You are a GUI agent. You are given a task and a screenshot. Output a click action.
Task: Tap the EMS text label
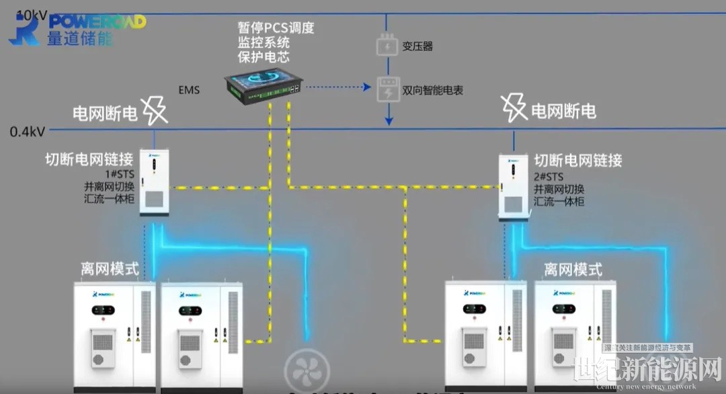(189, 90)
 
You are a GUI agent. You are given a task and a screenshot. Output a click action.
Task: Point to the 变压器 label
(417, 46)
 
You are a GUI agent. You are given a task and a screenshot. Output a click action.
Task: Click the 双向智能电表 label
(433, 90)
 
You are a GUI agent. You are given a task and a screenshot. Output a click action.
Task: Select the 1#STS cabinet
(154, 182)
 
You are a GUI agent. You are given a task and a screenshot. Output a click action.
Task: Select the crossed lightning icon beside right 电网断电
(514, 108)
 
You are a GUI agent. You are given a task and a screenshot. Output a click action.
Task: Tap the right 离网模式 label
(573, 270)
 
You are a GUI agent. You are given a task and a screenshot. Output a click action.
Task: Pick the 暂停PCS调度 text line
(276, 29)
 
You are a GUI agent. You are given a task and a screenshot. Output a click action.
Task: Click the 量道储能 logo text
(80, 38)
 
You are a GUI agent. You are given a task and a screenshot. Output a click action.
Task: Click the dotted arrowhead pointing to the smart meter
(367, 87)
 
